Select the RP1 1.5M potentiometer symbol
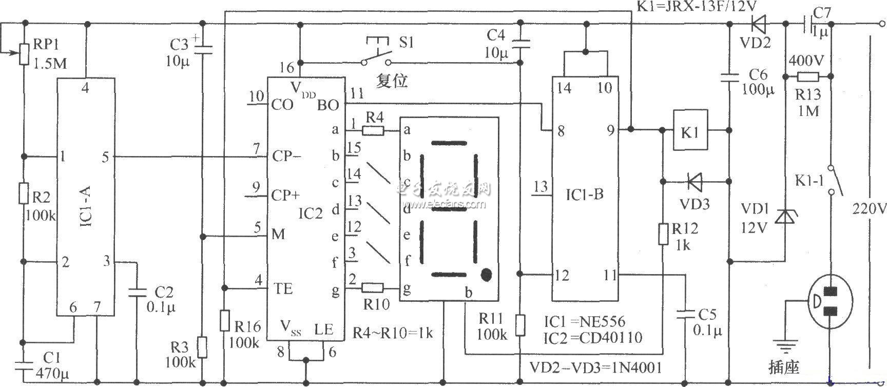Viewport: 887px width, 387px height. [x=24, y=53]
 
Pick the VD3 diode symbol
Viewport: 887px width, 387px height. [x=695, y=181]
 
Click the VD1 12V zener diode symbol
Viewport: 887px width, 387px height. [x=784, y=216]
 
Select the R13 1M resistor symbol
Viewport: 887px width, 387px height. [x=807, y=78]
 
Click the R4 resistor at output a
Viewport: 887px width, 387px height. [x=373, y=130]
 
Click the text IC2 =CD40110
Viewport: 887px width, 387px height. [x=593, y=337]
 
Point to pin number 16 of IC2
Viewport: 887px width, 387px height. [x=287, y=67]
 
